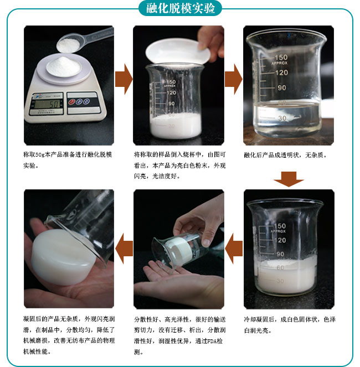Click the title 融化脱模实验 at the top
point(180,8)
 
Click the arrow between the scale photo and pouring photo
point(123,79)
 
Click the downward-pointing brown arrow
point(289,179)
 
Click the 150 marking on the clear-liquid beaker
point(281,58)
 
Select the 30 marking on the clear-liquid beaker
point(281,118)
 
